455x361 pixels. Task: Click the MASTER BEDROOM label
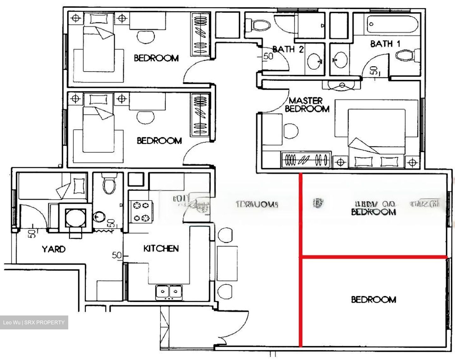click(307, 105)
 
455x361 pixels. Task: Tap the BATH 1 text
click(385, 44)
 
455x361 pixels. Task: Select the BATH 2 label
click(288, 49)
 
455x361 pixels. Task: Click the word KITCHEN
click(161, 249)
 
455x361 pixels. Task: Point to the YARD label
click(54, 249)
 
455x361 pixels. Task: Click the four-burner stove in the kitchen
click(141, 211)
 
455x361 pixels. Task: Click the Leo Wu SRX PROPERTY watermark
click(34, 322)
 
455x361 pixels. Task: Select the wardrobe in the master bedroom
click(306, 160)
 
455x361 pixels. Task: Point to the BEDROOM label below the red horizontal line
click(373, 299)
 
